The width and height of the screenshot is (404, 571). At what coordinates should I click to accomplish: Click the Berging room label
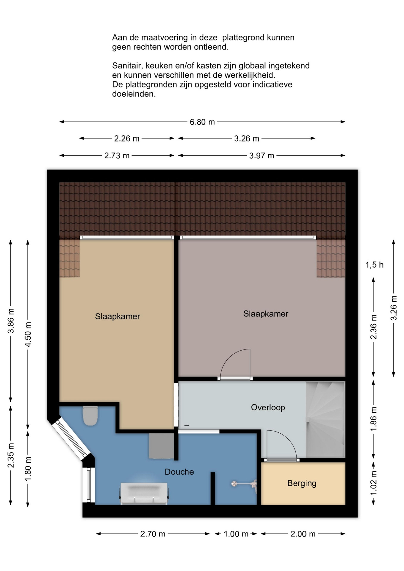coord(302,483)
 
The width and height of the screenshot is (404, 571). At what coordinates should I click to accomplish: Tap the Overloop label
coord(268,407)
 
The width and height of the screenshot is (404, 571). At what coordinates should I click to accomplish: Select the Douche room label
coord(179,472)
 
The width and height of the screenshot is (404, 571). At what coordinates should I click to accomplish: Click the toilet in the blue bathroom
coord(90,415)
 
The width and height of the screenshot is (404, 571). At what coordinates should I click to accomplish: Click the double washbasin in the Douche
coord(144,494)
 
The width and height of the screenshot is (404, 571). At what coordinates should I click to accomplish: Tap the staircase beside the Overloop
coord(325,419)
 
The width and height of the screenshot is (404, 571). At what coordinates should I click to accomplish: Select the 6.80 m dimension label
coord(202,122)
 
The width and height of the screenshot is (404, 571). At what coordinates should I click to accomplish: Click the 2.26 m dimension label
coord(127,139)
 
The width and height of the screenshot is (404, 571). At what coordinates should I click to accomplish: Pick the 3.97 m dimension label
coord(261,156)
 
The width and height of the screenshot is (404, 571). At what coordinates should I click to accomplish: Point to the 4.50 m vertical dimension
coord(28,334)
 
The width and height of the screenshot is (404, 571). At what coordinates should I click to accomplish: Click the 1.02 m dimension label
coord(373,483)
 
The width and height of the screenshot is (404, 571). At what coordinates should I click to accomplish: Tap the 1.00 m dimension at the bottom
coord(236,534)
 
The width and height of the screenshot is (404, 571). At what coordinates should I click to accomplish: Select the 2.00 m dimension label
coord(303,534)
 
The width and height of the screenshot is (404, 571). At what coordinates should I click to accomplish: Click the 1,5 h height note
coord(374,265)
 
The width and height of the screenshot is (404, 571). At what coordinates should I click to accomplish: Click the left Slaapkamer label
coord(118,316)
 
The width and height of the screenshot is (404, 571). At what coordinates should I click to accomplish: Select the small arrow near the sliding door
coord(187,426)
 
